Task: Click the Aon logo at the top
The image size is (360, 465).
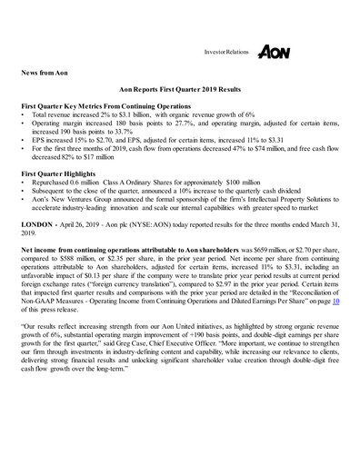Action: pyautogui.click(x=274, y=53)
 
